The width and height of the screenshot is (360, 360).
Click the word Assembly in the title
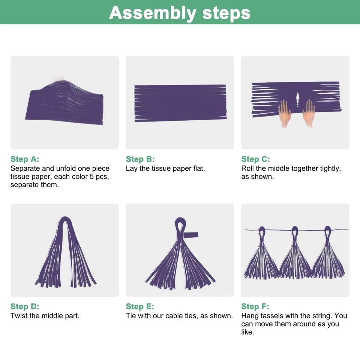click(153, 13)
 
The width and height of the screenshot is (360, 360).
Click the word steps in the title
click(226, 13)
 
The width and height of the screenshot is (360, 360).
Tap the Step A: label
click(25, 159)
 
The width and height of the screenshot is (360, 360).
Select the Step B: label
click(140, 159)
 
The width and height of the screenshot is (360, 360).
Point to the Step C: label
click(255, 159)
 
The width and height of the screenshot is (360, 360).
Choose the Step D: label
click(25, 306)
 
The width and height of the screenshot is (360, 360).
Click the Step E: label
click(140, 306)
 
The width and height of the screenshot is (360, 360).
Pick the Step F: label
click(255, 306)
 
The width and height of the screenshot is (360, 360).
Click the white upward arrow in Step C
click(298, 99)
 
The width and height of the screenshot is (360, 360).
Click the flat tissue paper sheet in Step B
click(180, 103)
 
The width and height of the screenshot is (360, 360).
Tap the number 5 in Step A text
click(91, 177)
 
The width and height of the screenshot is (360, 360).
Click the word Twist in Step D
click(19, 316)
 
